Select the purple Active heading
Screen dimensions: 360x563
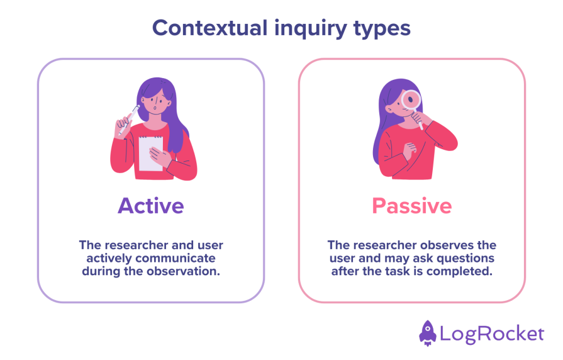point(150,205)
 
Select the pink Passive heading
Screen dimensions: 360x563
point(411,205)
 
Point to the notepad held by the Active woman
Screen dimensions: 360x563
point(150,153)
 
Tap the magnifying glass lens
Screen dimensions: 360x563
point(412,99)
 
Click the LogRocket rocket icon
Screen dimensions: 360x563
point(428,332)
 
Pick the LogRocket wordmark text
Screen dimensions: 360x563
point(491,333)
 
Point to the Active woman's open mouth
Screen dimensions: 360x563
point(155,107)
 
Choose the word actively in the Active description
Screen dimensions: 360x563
point(109,258)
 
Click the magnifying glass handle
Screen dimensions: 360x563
point(419,120)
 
